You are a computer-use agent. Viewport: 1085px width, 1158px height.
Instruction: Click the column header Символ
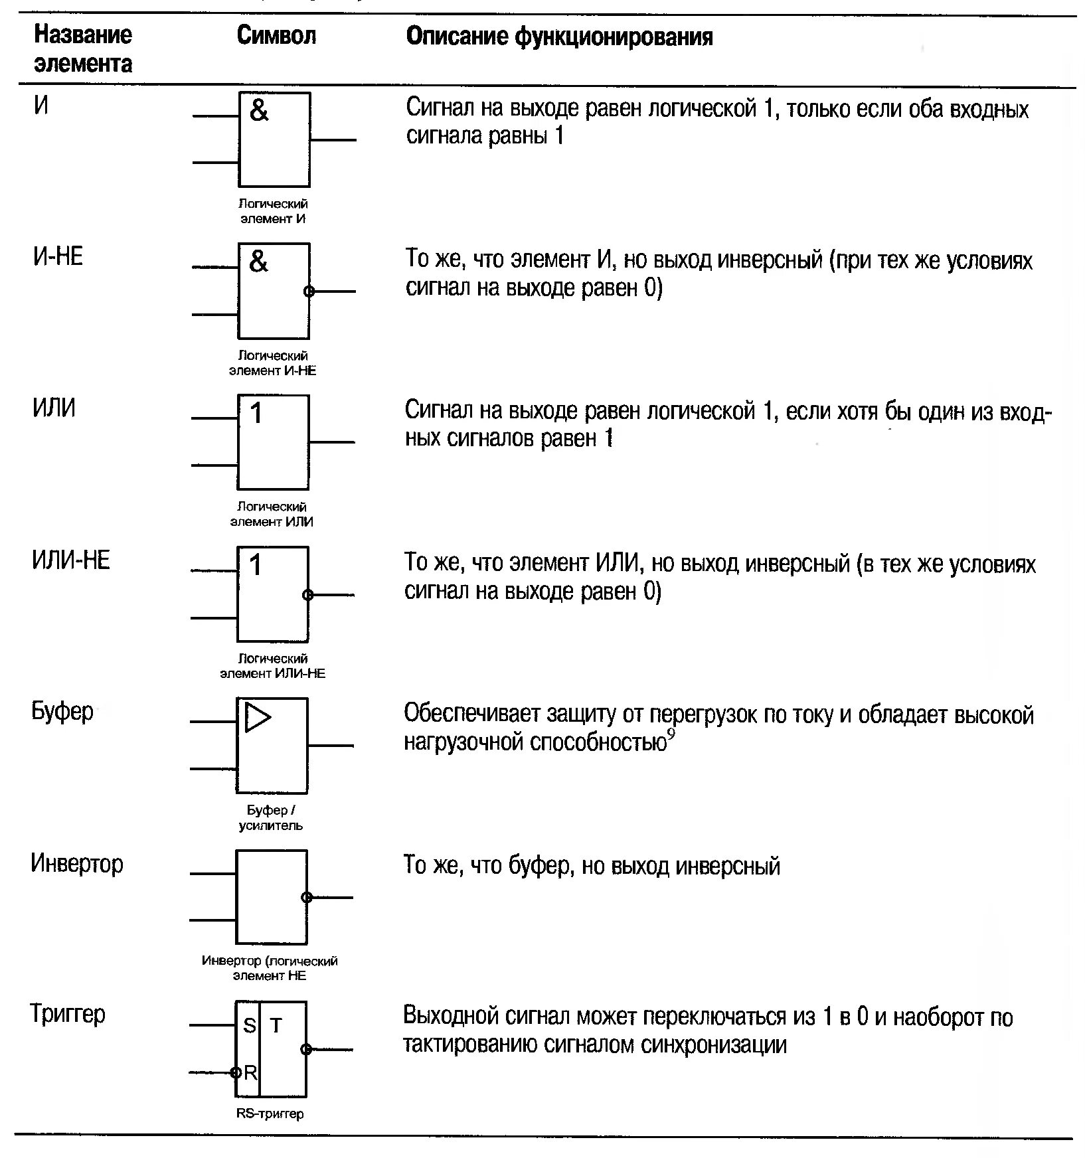(276, 36)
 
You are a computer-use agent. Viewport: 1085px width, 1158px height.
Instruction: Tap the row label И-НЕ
(58, 256)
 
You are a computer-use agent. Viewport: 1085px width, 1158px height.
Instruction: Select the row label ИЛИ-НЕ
(70, 560)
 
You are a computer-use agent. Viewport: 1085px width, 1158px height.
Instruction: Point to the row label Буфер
(62, 711)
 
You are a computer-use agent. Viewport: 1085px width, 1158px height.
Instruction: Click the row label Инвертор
(76, 863)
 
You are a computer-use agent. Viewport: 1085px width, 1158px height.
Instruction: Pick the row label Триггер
(67, 1014)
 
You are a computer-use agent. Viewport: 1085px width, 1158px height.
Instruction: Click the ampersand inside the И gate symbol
(259, 110)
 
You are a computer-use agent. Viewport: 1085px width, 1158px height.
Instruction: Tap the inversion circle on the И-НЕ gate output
(308, 291)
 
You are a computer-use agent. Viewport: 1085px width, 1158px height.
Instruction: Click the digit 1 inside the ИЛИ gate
(256, 414)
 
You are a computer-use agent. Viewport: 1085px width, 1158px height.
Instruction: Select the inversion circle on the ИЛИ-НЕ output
(307, 595)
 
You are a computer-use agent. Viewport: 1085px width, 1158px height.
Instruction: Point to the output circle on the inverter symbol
(306, 898)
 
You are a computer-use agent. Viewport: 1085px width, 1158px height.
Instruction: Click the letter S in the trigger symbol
(249, 1026)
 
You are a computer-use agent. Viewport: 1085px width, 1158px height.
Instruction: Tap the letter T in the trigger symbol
(276, 1026)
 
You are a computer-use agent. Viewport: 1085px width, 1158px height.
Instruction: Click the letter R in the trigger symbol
(250, 1072)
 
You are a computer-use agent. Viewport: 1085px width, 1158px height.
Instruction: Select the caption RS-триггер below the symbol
(270, 1114)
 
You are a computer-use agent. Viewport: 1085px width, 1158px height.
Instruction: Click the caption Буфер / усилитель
(270, 817)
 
